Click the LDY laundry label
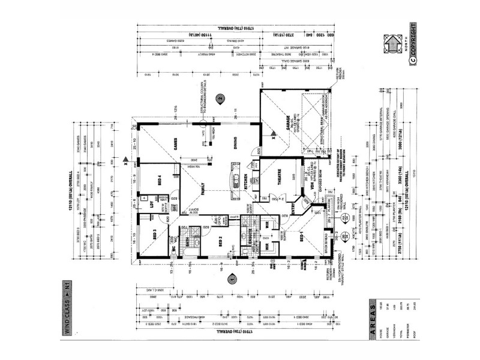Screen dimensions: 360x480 coord(152,203)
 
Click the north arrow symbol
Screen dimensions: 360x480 coord(391,43)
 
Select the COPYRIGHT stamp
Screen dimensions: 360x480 coord(413,41)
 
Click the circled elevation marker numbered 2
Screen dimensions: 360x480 coord(220,98)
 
